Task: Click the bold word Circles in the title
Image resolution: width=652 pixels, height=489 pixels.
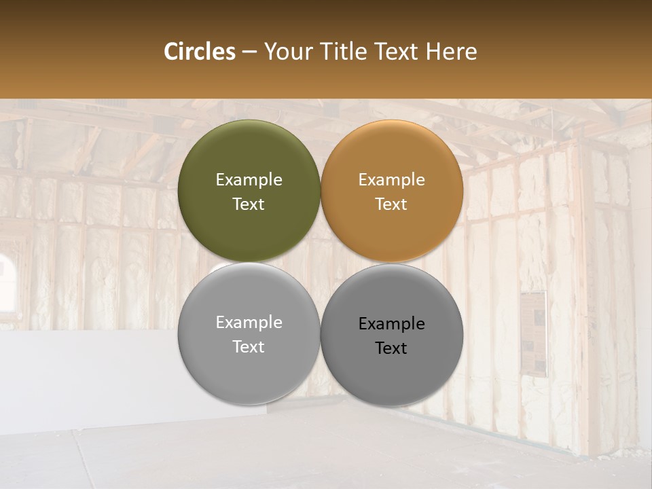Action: click(x=199, y=52)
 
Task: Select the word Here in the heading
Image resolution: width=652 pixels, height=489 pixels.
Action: click(x=451, y=52)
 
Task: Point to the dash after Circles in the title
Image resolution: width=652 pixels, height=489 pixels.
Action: click(x=249, y=52)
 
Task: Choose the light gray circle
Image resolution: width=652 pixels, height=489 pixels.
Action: click(x=249, y=367)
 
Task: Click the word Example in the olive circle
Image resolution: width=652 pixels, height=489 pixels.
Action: click(x=249, y=180)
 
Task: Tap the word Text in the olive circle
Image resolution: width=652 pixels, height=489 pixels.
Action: click(x=249, y=204)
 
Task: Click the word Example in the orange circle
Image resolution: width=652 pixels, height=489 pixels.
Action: click(x=391, y=180)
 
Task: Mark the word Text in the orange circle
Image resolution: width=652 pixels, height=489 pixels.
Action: click(x=391, y=204)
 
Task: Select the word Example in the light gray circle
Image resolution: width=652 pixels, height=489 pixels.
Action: click(x=249, y=323)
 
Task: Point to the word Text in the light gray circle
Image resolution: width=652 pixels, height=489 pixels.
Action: click(x=249, y=347)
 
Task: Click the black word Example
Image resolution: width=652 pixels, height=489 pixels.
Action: click(x=391, y=324)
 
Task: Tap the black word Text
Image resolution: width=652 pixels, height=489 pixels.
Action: click(x=391, y=348)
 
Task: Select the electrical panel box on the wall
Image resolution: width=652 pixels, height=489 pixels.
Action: click(x=533, y=333)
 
